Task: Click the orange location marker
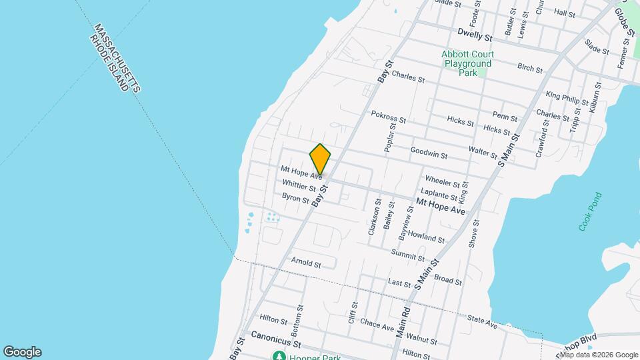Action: pos(320,159)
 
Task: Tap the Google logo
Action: pos(22,352)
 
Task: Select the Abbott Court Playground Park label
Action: pos(467,63)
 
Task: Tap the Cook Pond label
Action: pos(590,212)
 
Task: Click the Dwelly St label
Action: pos(475,33)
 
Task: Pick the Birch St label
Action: pos(530,67)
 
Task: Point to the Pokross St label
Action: pos(389,116)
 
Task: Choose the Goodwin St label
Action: pos(429,153)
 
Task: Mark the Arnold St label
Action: pos(306,263)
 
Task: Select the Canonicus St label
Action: pos(277,339)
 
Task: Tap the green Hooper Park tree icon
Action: pos(277,356)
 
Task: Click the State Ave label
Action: pos(483,323)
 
